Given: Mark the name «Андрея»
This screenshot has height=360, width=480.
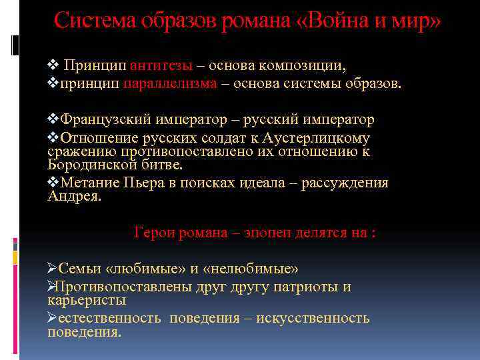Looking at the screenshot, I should (x=74, y=195).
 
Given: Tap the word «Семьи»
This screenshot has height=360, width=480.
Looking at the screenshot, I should (x=78, y=269).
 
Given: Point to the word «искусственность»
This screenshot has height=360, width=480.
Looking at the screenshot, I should (x=313, y=318).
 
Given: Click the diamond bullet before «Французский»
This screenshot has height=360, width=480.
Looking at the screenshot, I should (x=53, y=119).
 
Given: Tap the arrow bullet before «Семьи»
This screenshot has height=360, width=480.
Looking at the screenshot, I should (x=53, y=269).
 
